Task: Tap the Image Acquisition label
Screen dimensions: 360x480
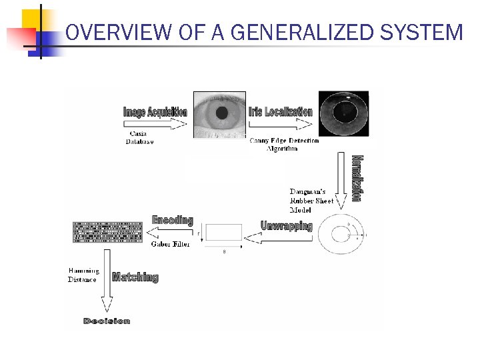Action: click(x=155, y=112)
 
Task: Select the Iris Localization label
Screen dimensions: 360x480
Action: click(x=280, y=111)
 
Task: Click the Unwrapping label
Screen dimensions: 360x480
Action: click(x=286, y=225)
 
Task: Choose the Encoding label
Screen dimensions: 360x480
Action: click(x=172, y=220)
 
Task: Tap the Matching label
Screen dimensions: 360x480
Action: click(x=135, y=277)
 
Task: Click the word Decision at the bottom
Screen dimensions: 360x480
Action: click(x=107, y=321)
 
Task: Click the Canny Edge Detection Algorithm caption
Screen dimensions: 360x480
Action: click(x=284, y=144)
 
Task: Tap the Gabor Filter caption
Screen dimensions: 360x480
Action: click(x=170, y=244)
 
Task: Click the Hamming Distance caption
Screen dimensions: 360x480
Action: click(x=83, y=275)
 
